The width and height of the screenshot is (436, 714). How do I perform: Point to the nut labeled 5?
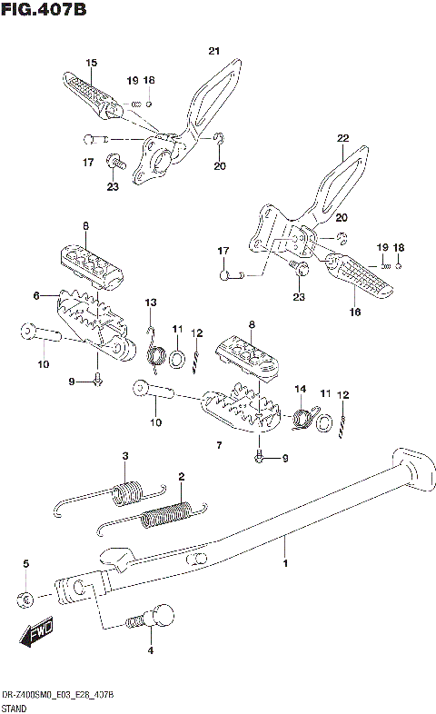[x=25, y=598]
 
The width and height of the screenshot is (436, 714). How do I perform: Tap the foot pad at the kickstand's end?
[x=413, y=465]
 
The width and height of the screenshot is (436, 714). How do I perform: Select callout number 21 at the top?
[x=213, y=50]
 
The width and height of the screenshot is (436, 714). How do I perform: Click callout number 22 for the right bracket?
[x=342, y=139]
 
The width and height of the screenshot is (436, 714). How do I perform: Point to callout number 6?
[x=37, y=295]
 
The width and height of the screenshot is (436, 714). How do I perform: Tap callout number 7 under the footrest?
[x=218, y=445]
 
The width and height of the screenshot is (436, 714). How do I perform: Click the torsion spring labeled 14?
[x=302, y=417]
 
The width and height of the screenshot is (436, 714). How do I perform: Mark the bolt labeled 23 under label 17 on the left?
[x=114, y=164]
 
